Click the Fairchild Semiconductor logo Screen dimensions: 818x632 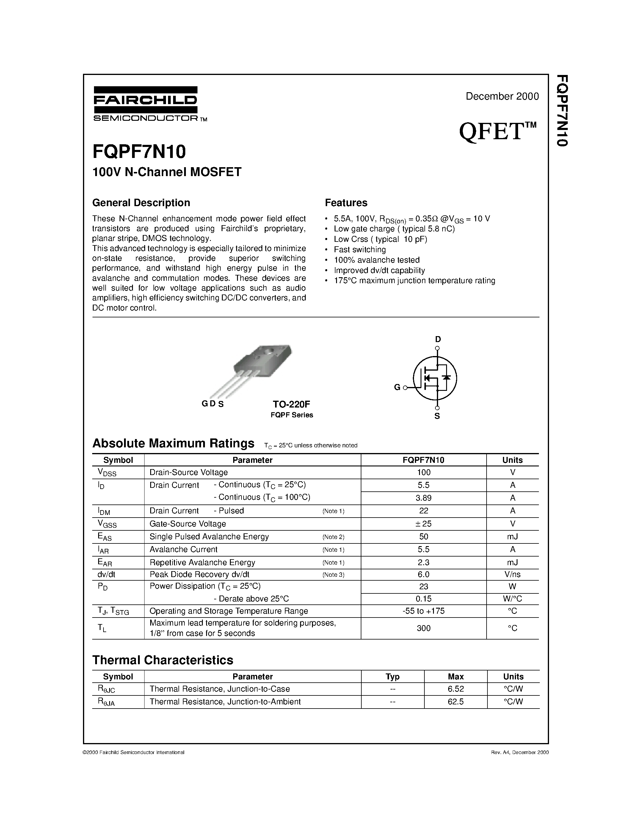[146, 104]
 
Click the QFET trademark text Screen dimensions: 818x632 [497, 132]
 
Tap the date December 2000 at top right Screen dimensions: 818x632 [502, 96]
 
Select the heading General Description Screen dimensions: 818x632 [141, 203]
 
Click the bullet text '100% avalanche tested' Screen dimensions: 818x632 [377, 260]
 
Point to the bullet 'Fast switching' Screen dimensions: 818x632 [360, 250]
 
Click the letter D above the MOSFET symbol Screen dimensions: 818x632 [438, 339]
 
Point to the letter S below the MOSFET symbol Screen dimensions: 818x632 [437, 416]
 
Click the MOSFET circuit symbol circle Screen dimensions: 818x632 [435, 377]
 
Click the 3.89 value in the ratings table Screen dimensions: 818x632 [424, 498]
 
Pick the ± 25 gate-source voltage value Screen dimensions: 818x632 [424, 524]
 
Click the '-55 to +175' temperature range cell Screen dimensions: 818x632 [424, 611]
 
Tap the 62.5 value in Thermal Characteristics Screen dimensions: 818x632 [455, 701]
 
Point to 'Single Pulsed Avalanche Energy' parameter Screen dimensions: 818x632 [209, 536]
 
